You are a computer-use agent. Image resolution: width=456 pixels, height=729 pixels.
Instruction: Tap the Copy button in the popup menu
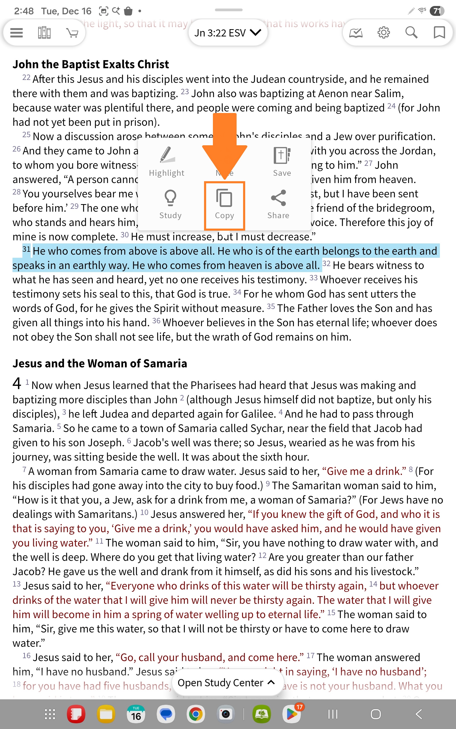tap(224, 205)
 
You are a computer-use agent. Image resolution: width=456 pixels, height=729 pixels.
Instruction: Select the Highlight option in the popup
tap(167, 161)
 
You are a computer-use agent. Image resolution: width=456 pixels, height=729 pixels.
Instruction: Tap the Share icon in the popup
tap(278, 204)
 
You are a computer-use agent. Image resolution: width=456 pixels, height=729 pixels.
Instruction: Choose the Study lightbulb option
tap(170, 204)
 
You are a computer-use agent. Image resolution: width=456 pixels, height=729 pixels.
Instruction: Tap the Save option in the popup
tap(282, 161)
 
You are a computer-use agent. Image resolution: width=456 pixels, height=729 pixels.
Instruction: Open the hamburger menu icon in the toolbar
tap(17, 33)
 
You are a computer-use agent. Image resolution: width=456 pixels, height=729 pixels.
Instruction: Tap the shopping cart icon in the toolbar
tap(72, 33)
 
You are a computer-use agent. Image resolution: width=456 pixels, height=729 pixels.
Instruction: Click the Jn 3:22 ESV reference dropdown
tap(228, 33)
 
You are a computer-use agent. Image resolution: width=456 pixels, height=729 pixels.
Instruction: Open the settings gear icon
tap(384, 33)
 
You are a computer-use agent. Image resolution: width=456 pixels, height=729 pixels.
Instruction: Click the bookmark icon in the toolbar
tap(439, 33)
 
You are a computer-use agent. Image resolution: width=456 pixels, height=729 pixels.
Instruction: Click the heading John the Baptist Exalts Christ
tap(91, 64)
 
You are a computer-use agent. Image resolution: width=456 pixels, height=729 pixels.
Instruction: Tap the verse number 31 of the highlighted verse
tap(26, 249)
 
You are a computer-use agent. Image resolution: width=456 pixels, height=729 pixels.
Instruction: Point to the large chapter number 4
tap(17, 383)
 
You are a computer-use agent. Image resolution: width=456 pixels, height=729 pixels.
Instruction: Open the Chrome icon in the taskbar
tap(196, 714)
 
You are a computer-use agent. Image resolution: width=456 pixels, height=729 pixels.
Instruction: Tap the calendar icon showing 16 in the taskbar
tap(136, 714)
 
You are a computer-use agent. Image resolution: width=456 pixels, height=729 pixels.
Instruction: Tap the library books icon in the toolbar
tap(44, 33)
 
